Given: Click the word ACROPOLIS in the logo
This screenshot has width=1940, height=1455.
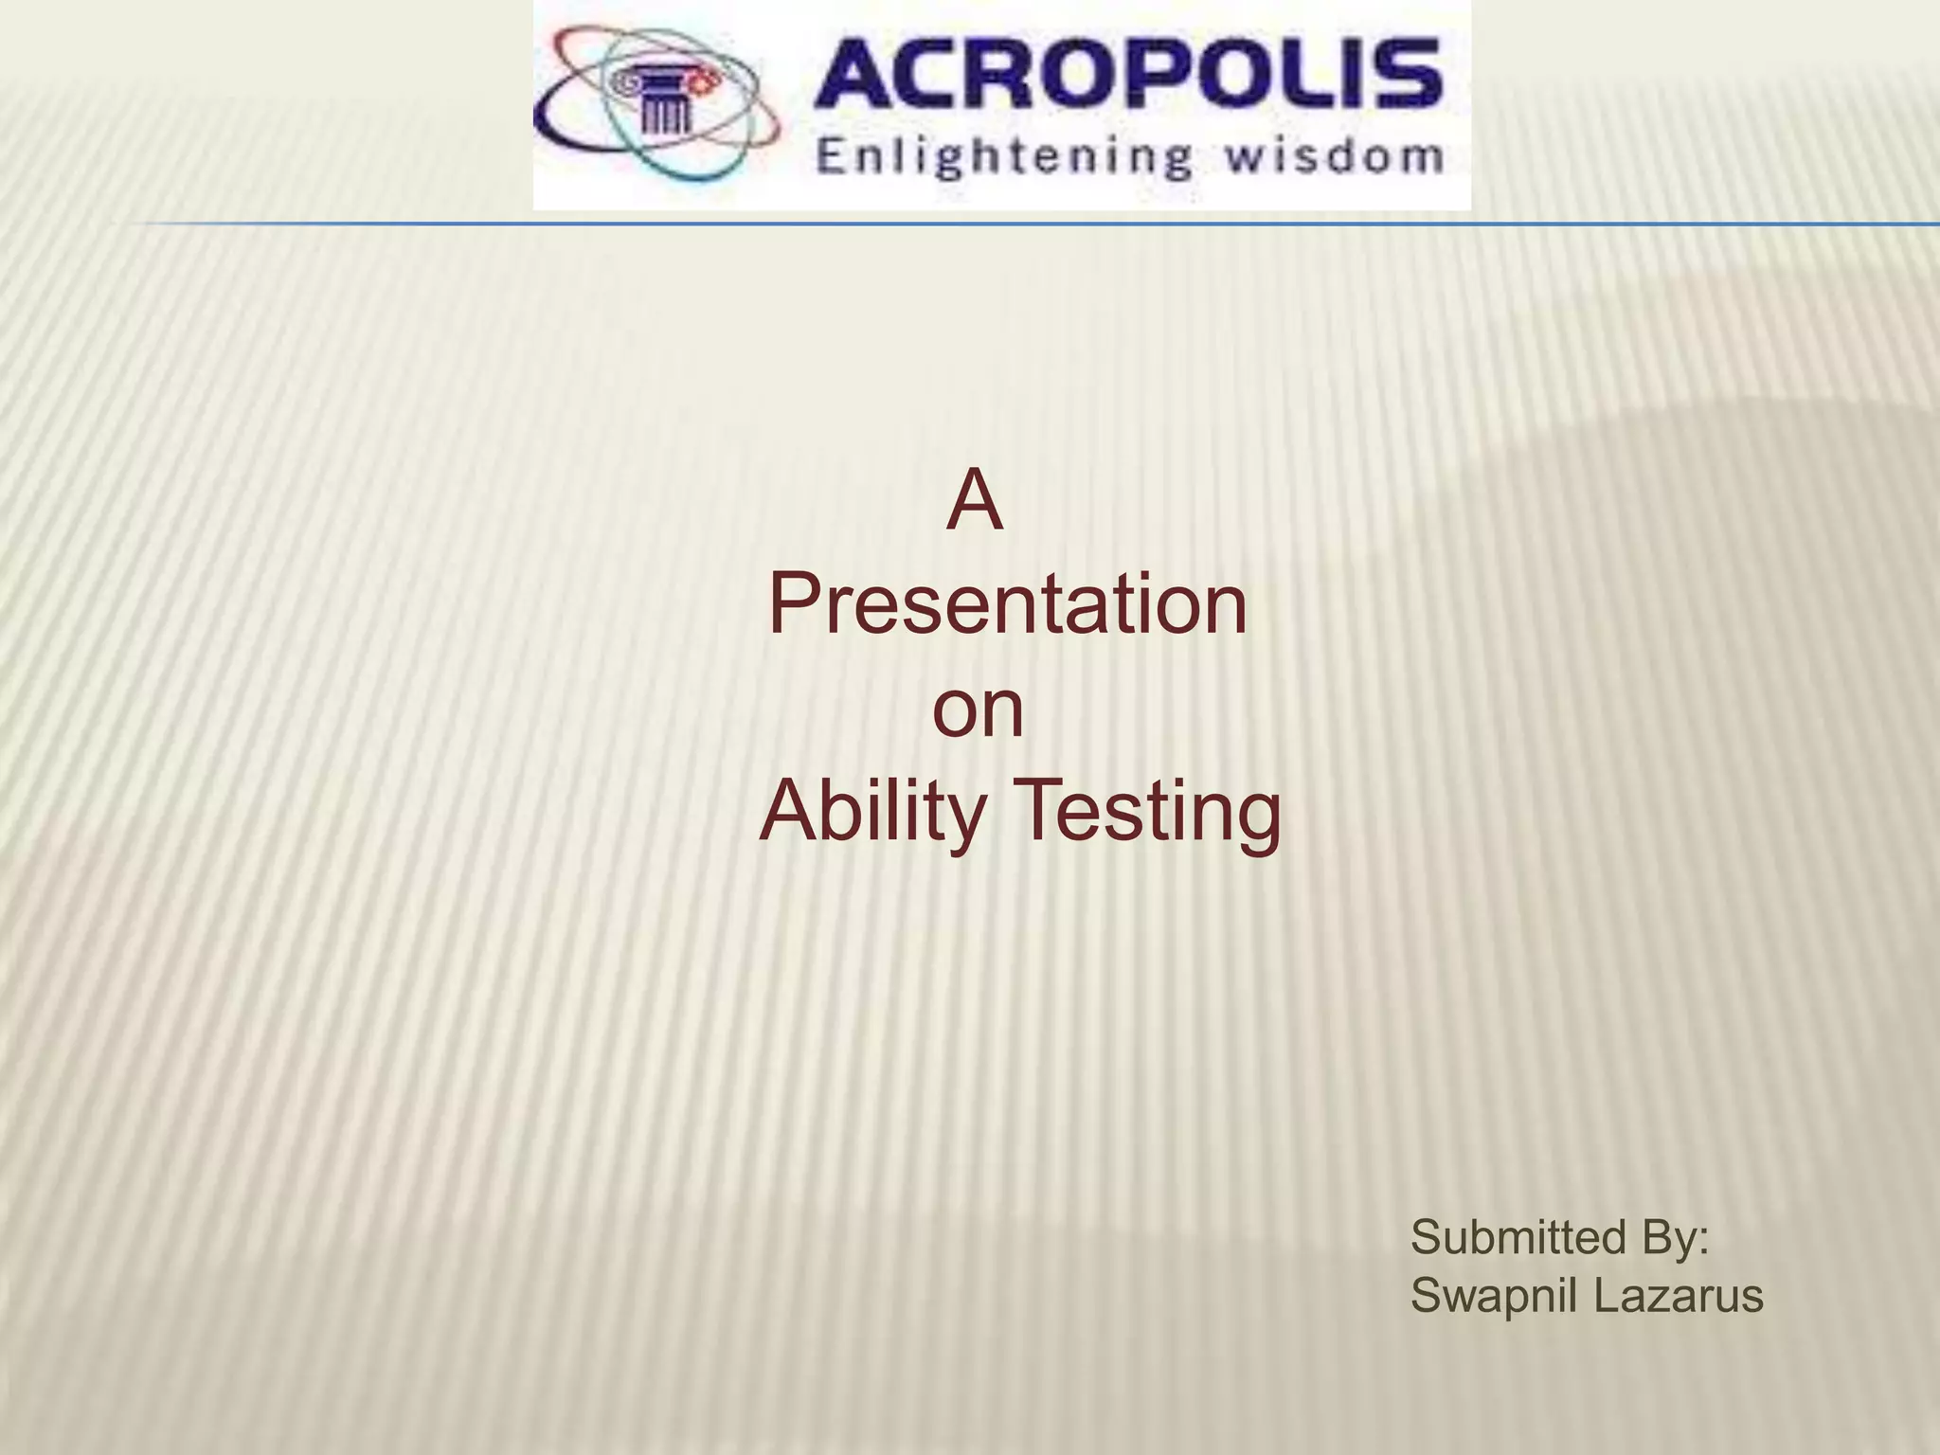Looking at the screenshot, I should click(x=1127, y=75).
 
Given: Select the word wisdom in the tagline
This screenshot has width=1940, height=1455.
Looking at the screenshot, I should click(x=1334, y=155).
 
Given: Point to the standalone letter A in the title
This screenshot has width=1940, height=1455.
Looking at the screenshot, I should click(x=974, y=503).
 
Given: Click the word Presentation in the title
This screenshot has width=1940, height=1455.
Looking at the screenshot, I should click(x=1008, y=605).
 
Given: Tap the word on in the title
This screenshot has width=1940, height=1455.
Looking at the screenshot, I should click(x=979, y=710).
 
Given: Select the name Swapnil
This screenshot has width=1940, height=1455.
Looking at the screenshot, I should click(x=1496, y=1297).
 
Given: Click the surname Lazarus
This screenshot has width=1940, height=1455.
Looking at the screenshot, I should click(x=1679, y=1295).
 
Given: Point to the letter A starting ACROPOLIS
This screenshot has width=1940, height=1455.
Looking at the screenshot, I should click(x=858, y=75).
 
